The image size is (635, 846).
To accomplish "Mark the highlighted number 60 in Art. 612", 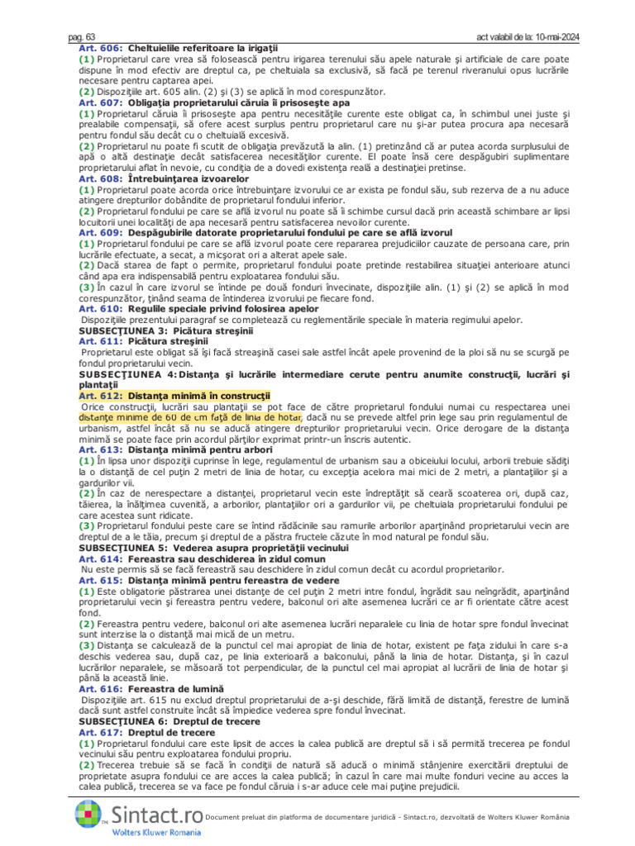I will (164, 417).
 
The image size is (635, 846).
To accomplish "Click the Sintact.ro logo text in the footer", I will (156, 815).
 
